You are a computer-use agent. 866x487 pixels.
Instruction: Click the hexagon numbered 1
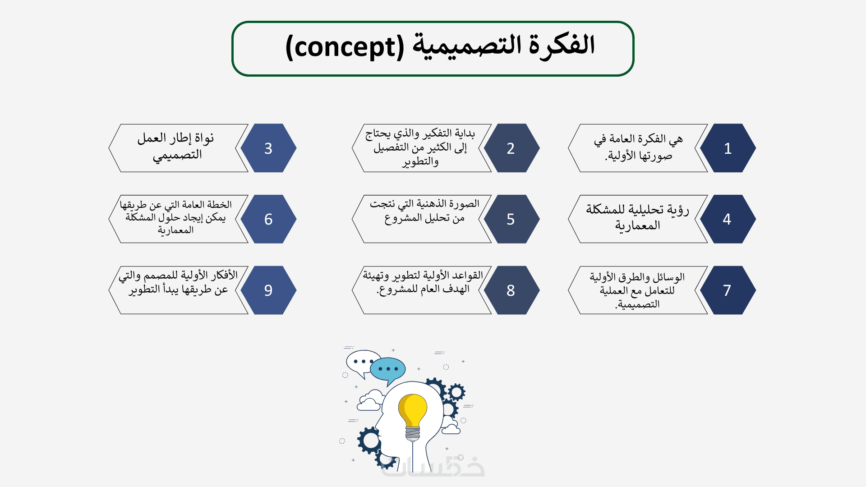point(728,148)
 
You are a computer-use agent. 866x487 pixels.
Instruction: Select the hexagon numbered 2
point(511,148)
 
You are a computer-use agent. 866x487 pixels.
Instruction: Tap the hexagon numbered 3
point(268,148)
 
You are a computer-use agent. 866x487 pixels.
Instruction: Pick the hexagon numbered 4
point(728,219)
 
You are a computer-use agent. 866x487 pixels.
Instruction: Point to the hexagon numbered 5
point(511,219)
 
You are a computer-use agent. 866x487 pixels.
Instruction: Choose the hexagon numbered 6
point(268,219)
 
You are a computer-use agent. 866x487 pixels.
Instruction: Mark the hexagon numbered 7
point(728,290)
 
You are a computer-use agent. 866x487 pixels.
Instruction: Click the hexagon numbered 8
point(511,290)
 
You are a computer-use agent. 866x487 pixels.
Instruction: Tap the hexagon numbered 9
point(268,290)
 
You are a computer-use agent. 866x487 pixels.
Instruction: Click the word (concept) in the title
point(345,47)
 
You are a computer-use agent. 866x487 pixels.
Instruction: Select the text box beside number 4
point(638,219)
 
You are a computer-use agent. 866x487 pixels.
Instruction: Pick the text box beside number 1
point(638,148)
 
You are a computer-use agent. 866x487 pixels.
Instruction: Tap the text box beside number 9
point(179,290)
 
